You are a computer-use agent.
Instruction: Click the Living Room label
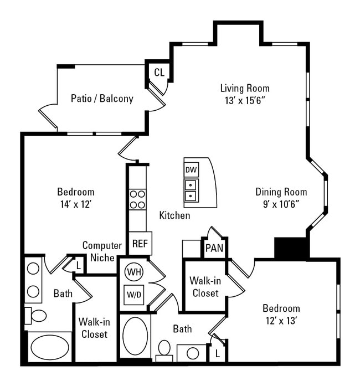[x=245, y=88]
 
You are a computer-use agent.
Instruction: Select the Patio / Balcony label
[x=102, y=99]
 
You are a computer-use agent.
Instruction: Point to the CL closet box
[x=159, y=73]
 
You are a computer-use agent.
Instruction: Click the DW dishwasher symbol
[x=192, y=169]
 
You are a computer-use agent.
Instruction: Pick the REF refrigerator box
[x=140, y=243]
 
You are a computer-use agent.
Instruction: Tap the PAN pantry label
[x=214, y=247]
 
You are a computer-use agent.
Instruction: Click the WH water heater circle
[x=133, y=272]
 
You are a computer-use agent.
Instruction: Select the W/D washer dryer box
[x=133, y=294]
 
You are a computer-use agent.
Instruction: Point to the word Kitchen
[x=174, y=215]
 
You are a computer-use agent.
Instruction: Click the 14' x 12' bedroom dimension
[x=75, y=203]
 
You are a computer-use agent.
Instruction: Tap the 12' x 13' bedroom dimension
[x=281, y=320]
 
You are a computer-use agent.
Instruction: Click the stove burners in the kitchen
[x=137, y=199]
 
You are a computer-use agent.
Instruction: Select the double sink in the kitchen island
[x=191, y=190]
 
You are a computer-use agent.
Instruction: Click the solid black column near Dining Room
[x=291, y=248]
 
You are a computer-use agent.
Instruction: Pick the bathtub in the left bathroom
[x=49, y=347]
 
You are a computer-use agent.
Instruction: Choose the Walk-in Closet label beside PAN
[x=204, y=286]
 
